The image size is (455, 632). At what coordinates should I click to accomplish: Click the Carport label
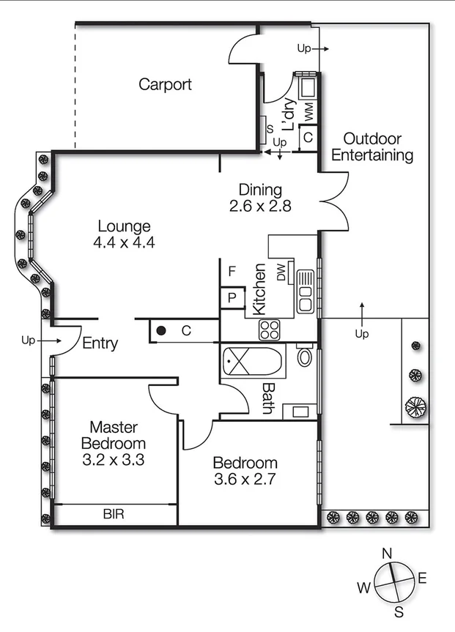pyautogui.click(x=165, y=84)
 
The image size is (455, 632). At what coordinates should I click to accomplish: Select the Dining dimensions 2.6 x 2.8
pyautogui.click(x=260, y=207)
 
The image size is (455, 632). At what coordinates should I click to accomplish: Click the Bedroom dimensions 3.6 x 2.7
pyautogui.click(x=245, y=480)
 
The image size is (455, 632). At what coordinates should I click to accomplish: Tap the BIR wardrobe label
pyautogui.click(x=114, y=515)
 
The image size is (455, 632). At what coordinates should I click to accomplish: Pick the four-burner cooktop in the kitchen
pyautogui.click(x=270, y=330)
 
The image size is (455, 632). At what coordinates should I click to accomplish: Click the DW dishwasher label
pyautogui.click(x=281, y=273)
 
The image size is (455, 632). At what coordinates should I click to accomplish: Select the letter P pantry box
pyautogui.click(x=232, y=298)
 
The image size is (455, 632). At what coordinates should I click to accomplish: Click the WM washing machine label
pyautogui.click(x=308, y=112)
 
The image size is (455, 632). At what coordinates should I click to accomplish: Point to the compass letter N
pyautogui.click(x=388, y=553)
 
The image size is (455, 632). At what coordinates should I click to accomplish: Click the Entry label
pyautogui.click(x=100, y=343)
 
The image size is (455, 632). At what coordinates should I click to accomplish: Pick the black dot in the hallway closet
pyautogui.click(x=160, y=331)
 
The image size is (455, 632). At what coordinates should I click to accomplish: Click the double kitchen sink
pyautogui.click(x=305, y=291)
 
